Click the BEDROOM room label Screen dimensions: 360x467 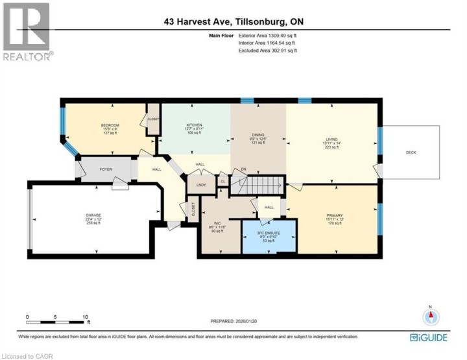108,124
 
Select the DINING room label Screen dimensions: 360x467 258,135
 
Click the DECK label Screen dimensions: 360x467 411,152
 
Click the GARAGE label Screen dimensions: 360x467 93,215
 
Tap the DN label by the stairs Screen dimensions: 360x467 244,170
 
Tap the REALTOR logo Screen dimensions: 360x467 27,32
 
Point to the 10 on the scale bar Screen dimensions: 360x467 86,317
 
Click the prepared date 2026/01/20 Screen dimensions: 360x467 246,321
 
